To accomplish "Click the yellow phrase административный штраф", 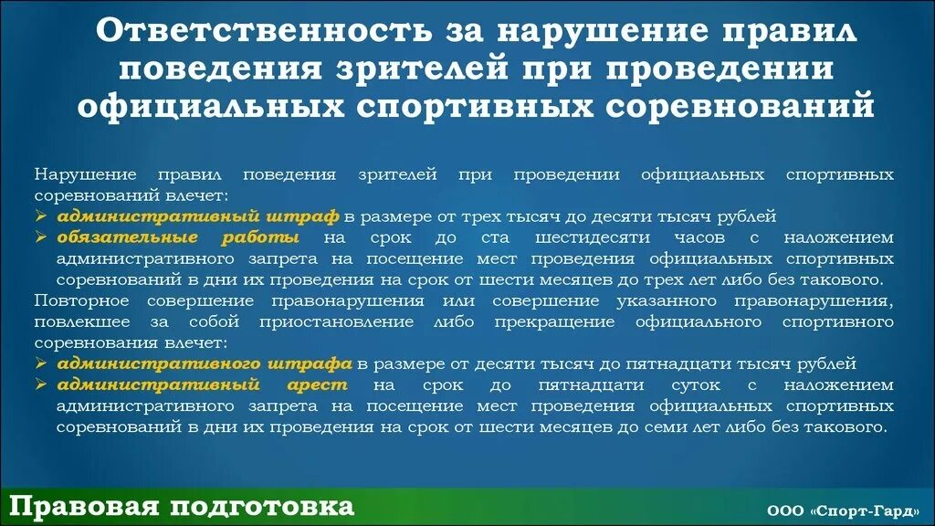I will [198, 216].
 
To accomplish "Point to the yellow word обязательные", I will [127, 237].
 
